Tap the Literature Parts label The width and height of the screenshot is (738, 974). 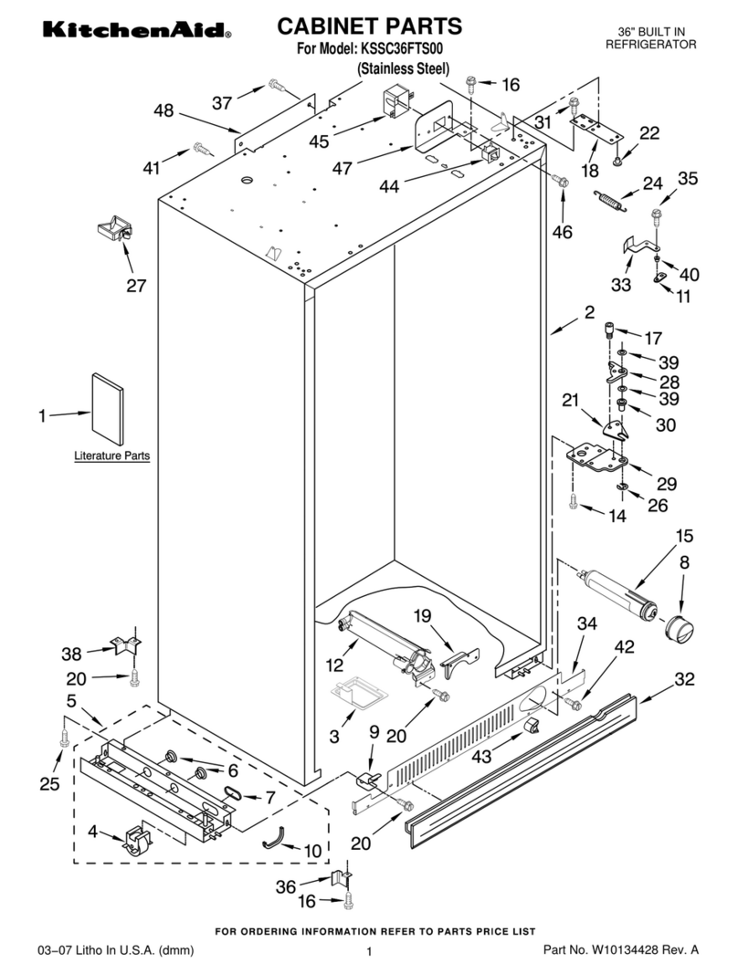(x=111, y=455)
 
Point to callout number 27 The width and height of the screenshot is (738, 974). (x=136, y=286)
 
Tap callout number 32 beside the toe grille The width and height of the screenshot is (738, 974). (x=684, y=679)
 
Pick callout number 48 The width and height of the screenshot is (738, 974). (x=163, y=110)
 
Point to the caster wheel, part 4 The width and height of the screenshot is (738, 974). (x=134, y=841)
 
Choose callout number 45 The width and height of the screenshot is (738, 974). (x=319, y=141)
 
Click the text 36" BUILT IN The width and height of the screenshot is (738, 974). (x=652, y=32)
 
